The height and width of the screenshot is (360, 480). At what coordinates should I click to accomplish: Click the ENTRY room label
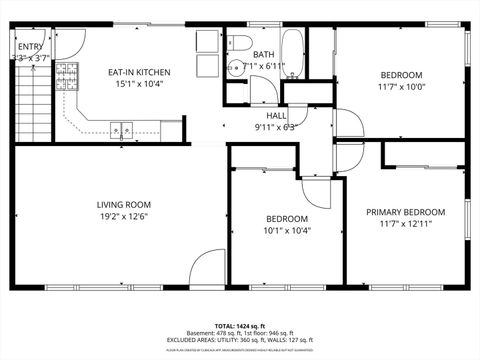(x=30, y=46)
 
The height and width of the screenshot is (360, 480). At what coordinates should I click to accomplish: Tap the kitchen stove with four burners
(x=67, y=76)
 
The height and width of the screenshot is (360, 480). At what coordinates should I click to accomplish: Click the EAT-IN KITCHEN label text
(x=139, y=72)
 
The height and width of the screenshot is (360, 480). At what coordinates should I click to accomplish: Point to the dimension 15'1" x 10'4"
(x=139, y=85)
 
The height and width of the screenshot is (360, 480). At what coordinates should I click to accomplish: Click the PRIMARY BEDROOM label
(x=405, y=212)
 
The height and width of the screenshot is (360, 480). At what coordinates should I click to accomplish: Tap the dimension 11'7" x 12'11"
(x=405, y=225)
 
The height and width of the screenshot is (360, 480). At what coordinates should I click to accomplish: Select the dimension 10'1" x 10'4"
(x=287, y=231)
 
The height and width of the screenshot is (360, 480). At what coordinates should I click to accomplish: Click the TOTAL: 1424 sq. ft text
(x=240, y=326)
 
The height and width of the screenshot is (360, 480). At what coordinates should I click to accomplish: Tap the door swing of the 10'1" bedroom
(x=315, y=190)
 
